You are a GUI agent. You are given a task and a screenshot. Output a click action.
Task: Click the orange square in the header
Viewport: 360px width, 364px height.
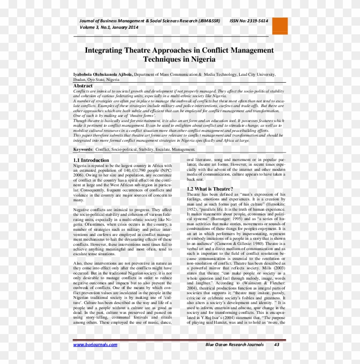(x=280, y=26)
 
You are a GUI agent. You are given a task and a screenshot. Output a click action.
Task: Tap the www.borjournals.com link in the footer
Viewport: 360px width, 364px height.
(x=95, y=345)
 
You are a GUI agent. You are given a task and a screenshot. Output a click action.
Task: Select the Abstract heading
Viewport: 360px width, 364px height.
(x=83, y=86)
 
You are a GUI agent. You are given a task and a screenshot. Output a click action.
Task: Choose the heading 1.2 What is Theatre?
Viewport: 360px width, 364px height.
(x=210, y=189)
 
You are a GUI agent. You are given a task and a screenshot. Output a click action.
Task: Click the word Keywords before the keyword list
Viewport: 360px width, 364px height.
(x=83, y=149)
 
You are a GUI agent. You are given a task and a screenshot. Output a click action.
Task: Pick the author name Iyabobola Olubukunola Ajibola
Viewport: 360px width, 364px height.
(x=103, y=74)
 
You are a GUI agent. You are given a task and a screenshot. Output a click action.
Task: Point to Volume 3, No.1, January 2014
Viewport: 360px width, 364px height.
(x=109, y=27)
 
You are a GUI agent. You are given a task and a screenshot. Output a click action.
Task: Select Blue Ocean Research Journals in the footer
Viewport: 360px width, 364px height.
(x=234, y=345)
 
